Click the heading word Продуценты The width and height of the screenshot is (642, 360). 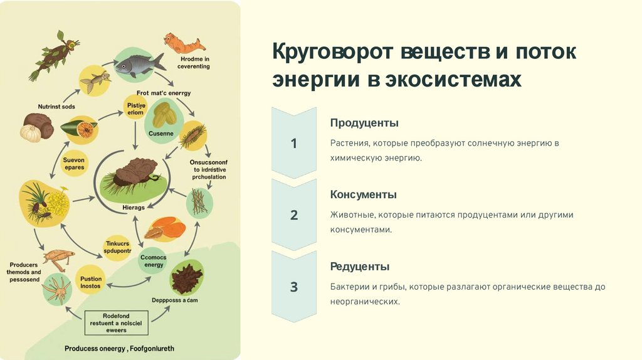click(364, 123)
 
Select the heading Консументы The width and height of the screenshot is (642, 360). click(364, 194)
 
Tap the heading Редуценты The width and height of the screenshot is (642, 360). click(360, 267)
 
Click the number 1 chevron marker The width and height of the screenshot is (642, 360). click(293, 144)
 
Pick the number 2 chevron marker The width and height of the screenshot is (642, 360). click(293, 215)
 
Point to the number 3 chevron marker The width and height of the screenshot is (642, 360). click(293, 287)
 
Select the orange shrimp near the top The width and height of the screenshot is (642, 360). click(184, 43)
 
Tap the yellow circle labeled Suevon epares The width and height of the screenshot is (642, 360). click(73, 163)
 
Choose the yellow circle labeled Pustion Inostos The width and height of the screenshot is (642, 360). click(91, 282)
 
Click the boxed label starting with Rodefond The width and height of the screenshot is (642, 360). click(116, 322)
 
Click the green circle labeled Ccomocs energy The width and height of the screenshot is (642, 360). click(154, 260)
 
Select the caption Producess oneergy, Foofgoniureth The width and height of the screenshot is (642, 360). click(120, 347)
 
